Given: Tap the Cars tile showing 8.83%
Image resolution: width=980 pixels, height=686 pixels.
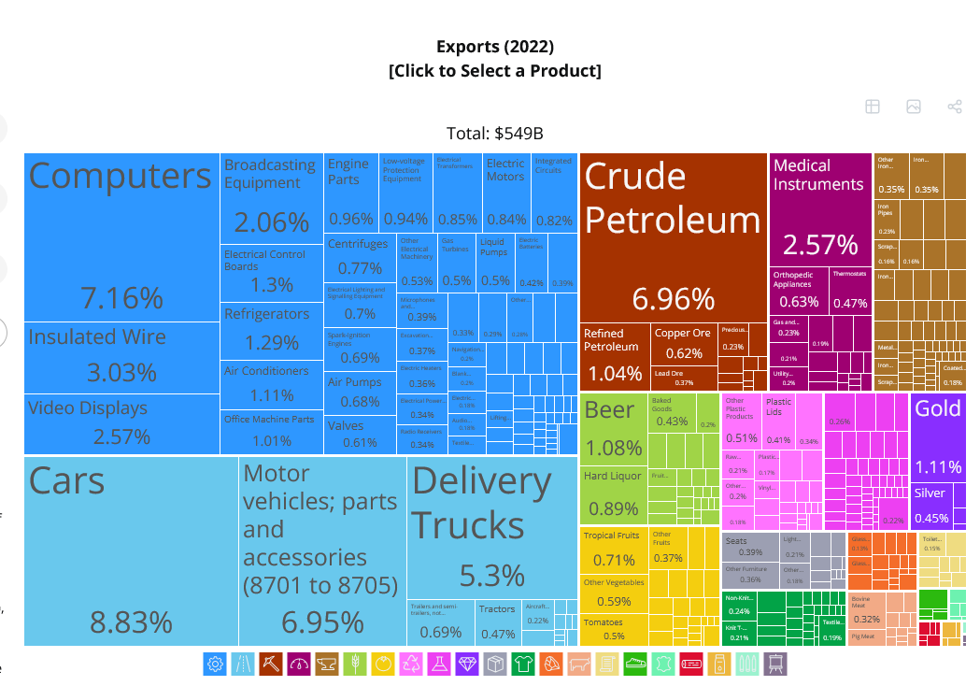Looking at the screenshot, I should coord(131,550).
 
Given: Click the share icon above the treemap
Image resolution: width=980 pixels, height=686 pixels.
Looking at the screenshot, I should coord(955,107).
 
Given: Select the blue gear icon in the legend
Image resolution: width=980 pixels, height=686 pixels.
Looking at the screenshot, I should coord(215,664).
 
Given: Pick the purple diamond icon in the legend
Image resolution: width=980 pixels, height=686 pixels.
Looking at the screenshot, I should coord(467,664).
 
